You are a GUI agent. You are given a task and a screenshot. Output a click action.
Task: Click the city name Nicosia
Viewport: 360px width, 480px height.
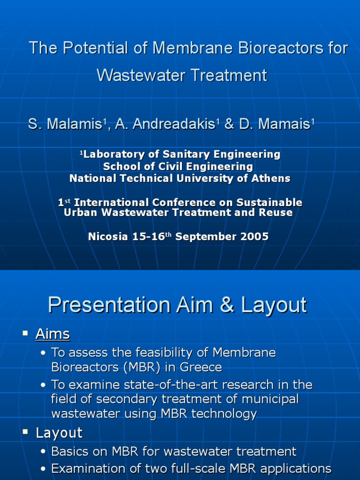(108, 237)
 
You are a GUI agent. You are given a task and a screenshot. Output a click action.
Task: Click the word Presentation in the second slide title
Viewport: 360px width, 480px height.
(109, 306)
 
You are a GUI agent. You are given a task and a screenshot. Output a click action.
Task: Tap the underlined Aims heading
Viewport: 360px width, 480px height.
(52, 334)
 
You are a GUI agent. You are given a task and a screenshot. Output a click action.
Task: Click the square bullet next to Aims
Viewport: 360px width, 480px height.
(25, 333)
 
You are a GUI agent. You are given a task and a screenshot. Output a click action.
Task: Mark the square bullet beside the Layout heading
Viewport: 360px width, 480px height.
(25, 432)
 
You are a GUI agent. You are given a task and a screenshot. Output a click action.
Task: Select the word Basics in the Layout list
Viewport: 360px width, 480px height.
(69, 452)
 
